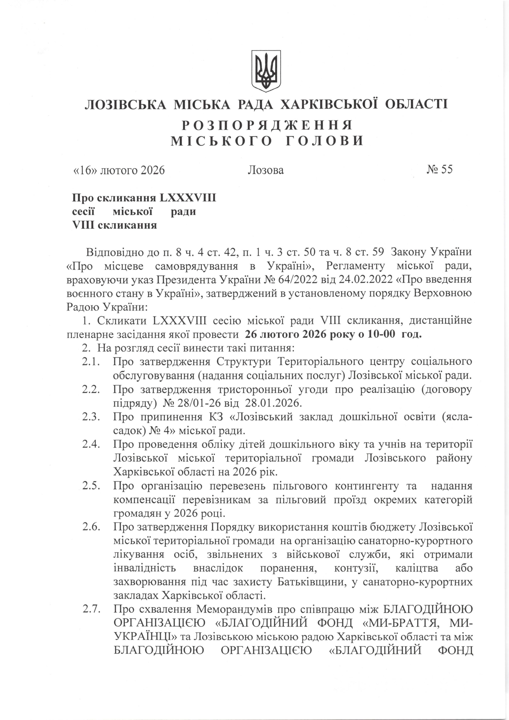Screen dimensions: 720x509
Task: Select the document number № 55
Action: pyautogui.click(x=439, y=170)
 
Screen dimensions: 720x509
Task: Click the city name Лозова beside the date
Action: pyautogui.click(x=266, y=170)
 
